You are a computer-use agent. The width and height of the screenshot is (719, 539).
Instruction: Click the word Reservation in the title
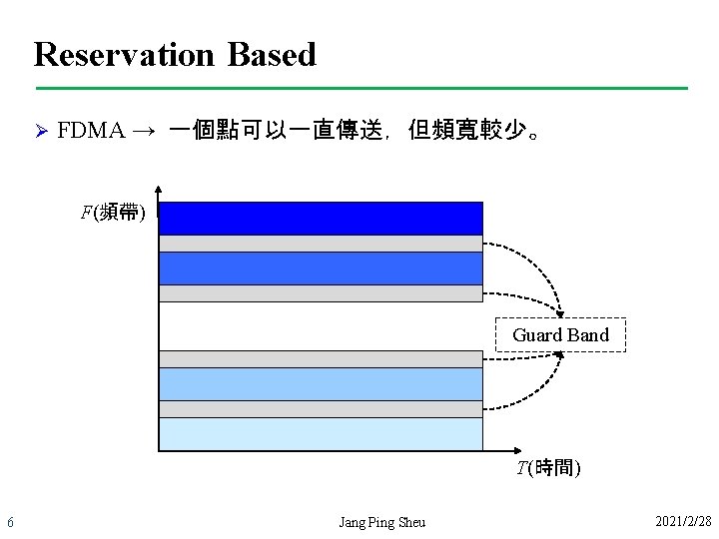[x=124, y=54]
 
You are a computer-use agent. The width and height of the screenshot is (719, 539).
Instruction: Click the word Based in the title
[x=272, y=54]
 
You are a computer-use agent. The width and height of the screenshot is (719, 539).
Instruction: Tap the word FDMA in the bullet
[x=91, y=131]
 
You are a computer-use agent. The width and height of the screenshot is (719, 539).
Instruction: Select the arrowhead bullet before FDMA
[x=41, y=131]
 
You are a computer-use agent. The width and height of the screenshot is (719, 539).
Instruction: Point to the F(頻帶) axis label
[x=113, y=212]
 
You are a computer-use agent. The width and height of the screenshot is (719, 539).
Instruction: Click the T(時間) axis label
[x=548, y=467]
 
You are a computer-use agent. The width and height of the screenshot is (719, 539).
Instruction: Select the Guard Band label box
[x=560, y=335]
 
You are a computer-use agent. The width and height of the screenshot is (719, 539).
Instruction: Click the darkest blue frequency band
[x=320, y=218]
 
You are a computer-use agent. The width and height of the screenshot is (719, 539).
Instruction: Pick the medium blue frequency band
[x=320, y=268]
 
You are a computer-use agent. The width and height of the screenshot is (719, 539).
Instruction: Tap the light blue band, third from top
[x=320, y=384]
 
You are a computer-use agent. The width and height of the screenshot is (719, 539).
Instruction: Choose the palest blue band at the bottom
[x=320, y=433]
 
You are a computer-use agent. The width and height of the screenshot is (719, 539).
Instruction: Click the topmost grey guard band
[x=320, y=243]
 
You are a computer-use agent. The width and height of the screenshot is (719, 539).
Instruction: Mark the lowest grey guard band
[x=320, y=408]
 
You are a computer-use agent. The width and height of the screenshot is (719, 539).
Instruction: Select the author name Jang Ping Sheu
[x=381, y=522]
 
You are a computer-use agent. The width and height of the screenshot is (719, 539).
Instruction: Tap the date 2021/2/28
[x=683, y=522]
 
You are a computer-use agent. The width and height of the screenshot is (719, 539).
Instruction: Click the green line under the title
[x=359, y=89]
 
